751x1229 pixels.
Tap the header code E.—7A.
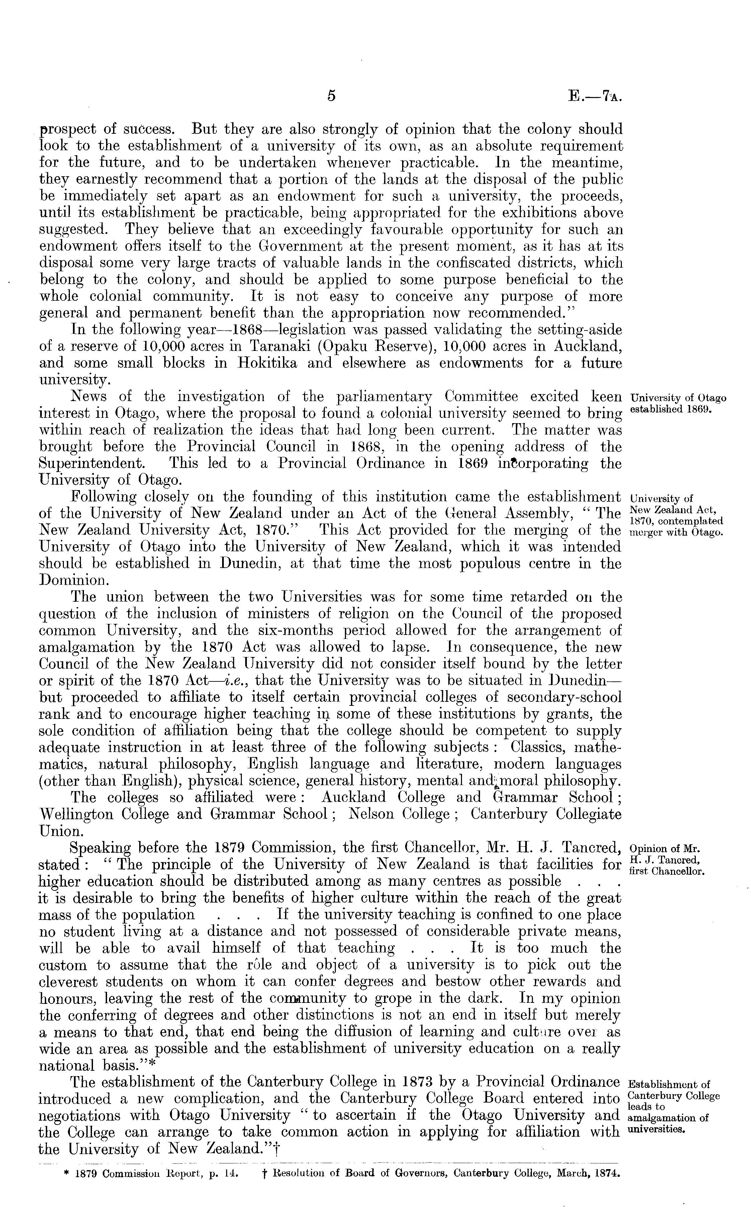click(594, 95)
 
